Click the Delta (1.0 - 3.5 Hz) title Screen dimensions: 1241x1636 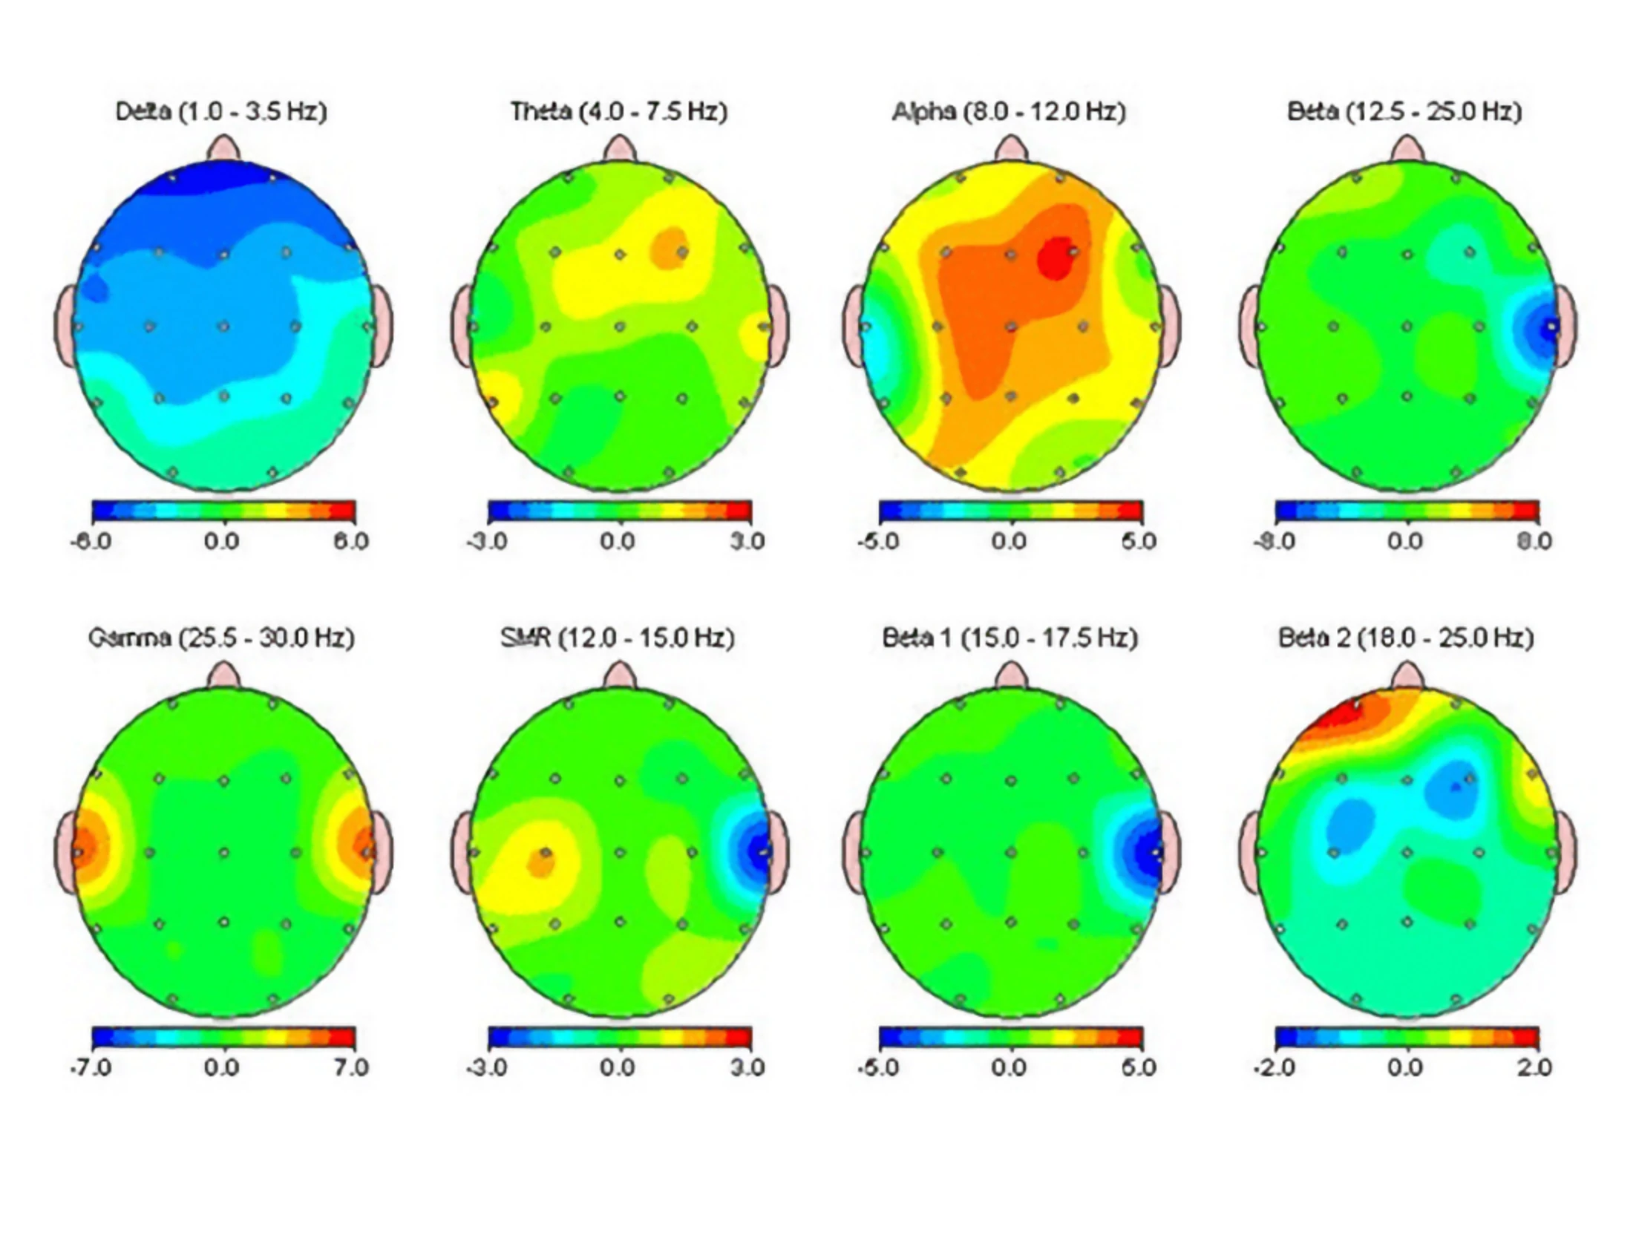pos(221,112)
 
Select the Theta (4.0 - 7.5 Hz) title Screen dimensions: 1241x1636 pos(618,112)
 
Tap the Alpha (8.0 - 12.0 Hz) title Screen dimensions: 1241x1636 pos(1009,112)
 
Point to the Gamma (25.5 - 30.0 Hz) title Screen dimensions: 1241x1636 pos(221,638)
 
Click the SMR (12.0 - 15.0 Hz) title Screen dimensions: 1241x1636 pos(618,638)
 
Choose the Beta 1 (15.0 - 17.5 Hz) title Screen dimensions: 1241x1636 pos(1010,638)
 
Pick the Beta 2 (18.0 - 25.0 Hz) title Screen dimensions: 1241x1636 pos(1406,638)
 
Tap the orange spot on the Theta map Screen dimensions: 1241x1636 pos(670,249)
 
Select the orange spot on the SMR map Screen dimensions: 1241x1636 pos(541,862)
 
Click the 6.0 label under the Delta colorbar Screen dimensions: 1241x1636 pos(350,541)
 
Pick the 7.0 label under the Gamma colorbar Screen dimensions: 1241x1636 pos(350,1067)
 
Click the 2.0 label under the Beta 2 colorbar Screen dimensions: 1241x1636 pos(1534,1067)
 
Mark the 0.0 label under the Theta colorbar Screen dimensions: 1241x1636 pos(618,541)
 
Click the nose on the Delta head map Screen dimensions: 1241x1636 pos(223,148)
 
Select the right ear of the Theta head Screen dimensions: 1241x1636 pos(777,327)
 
